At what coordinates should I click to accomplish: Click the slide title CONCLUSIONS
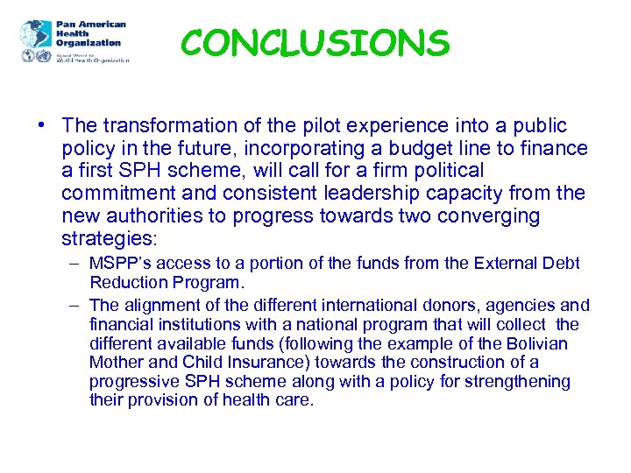tap(315, 41)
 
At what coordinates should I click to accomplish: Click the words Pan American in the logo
tap(91, 25)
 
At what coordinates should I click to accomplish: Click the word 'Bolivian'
tap(535, 343)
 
